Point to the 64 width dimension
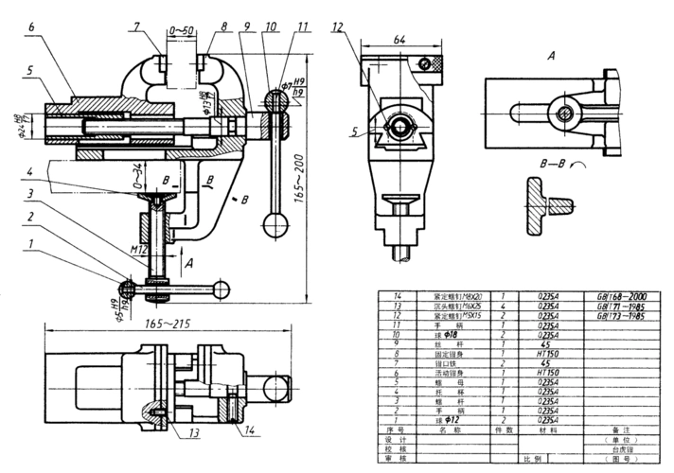[399, 39]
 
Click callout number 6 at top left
[31, 28]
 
